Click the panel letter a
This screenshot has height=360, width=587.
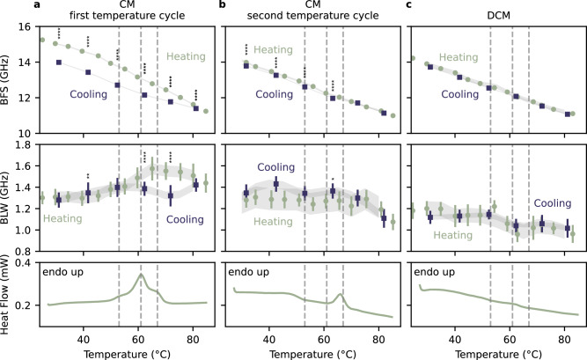(x=37, y=5)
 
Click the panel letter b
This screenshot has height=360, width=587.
(x=223, y=5)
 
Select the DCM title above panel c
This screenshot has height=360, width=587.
(x=499, y=15)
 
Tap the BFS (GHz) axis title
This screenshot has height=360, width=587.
(x=5, y=80)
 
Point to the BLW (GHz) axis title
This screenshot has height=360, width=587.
(x=5, y=198)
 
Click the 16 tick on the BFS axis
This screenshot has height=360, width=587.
(x=30, y=27)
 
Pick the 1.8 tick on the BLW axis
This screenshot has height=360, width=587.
(x=28, y=144)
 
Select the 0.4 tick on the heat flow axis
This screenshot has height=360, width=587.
(x=28, y=262)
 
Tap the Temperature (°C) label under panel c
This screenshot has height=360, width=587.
(x=499, y=354)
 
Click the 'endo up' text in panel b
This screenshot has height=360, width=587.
(x=248, y=272)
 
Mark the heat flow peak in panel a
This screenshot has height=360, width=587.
(x=141, y=275)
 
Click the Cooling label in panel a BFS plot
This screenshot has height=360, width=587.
(x=88, y=94)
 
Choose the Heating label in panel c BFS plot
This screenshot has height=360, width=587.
(x=459, y=57)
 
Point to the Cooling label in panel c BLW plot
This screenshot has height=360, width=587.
(x=553, y=203)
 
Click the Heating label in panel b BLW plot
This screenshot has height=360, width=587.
(x=273, y=222)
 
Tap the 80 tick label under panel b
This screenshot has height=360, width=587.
(x=378, y=340)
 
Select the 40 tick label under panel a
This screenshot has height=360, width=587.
(x=84, y=340)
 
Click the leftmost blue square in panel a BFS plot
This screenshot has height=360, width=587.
(x=59, y=62)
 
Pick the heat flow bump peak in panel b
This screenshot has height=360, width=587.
(x=341, y=295)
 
